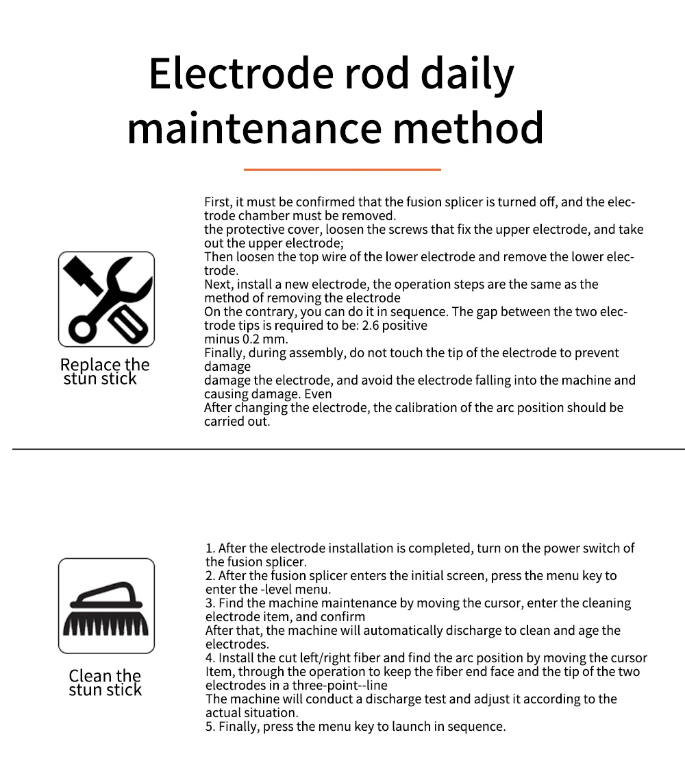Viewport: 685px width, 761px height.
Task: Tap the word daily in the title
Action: (x=467, y=74)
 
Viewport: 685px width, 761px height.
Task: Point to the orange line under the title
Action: (x=342, y=169)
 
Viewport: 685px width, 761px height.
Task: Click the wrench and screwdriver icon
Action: (x=106, y=299)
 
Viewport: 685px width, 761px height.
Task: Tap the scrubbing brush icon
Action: (x=106, y=605)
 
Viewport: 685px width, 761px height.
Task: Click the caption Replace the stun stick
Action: (x=104, y=372)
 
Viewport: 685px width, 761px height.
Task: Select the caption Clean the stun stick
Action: (x=105, y=683)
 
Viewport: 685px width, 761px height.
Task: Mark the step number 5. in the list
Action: (x=210, y=727)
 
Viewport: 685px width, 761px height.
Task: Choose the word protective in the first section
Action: (x=253, y=230)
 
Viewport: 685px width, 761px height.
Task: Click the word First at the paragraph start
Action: (x=218, y=202)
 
